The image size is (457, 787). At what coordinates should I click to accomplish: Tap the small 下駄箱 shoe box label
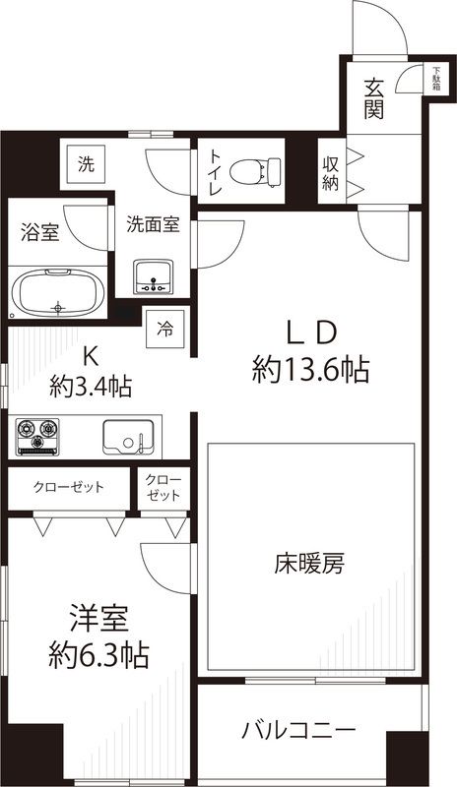(436, 77)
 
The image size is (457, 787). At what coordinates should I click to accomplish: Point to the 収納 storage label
(330, 173)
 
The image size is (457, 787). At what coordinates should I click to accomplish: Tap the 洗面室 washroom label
(152, 223)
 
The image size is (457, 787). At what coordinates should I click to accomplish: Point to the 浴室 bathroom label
(40, 233)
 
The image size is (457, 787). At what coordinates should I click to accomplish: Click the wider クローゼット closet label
(64, 487)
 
